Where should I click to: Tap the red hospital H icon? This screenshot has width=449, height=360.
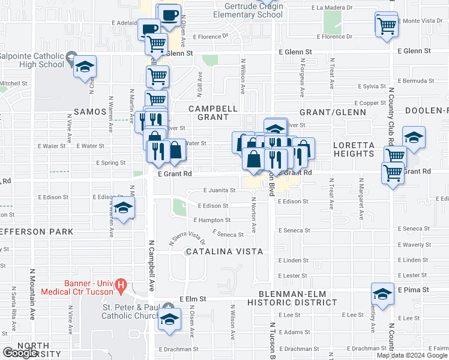click(121, 284)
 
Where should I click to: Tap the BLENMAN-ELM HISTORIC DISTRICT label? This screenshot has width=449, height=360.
click(298, 298)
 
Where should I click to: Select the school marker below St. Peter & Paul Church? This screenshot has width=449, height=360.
click(170, 319)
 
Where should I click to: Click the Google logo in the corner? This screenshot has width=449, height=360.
click(20, 353)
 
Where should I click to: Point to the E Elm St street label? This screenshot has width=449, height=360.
click(192, 298)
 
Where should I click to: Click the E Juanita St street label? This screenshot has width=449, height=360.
click(219, 190)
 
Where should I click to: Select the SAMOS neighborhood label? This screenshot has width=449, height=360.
click(89, 112)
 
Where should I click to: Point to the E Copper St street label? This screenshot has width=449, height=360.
click(369, 103)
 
